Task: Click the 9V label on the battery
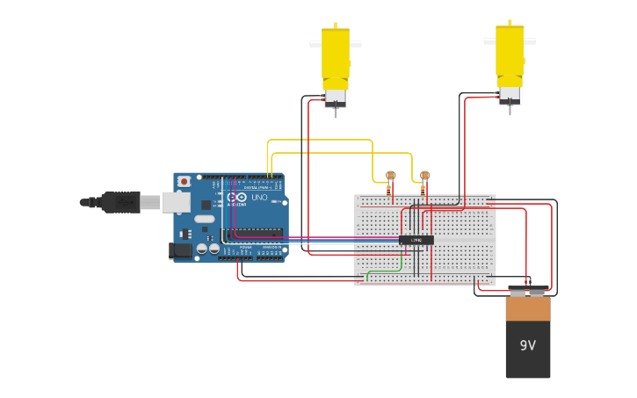click(x=527, y=345)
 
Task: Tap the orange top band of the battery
click(x=528, y=308)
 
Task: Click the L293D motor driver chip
click(x=416, y=240)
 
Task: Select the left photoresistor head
click(x=391, y=176)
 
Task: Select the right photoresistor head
click(x=425, y=175)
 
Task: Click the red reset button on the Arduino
click(x=184, y=181)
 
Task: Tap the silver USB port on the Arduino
click(x=176, y=202)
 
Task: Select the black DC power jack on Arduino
click(x=180, y=250)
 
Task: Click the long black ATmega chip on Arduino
click(x=252, y=234)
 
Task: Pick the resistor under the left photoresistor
click(x=389, y=189)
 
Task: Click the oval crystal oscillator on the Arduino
click(x=205, y=218)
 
